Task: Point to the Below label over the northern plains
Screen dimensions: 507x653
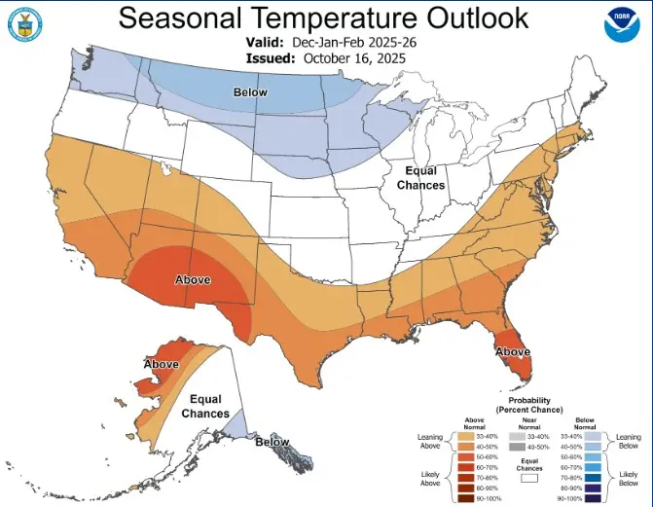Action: point(250,92)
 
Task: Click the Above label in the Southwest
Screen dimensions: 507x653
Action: point(193,279)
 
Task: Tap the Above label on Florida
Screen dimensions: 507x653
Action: point(513,351)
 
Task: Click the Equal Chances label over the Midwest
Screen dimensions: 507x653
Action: point(420,178)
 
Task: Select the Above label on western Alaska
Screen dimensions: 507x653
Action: point(161,364)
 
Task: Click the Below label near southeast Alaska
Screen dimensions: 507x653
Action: point(272,442)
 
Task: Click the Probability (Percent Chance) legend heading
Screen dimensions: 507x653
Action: point(529,405)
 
